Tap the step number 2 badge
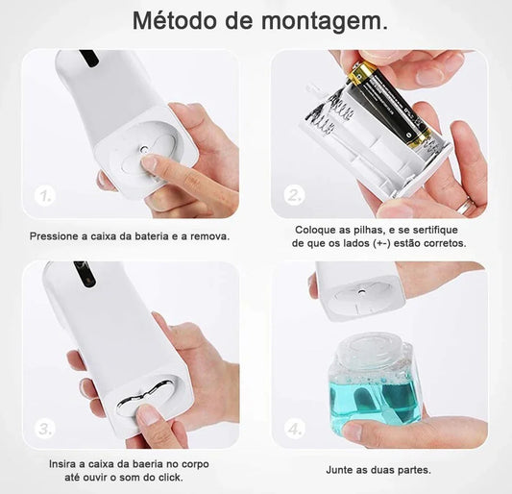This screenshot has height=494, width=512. pos(293,196)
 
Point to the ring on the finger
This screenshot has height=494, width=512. pos(464,205)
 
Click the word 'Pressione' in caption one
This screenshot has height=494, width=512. pos(55,235)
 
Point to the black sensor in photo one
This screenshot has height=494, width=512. pos(88,57)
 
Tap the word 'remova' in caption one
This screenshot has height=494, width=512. pos(209,235)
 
